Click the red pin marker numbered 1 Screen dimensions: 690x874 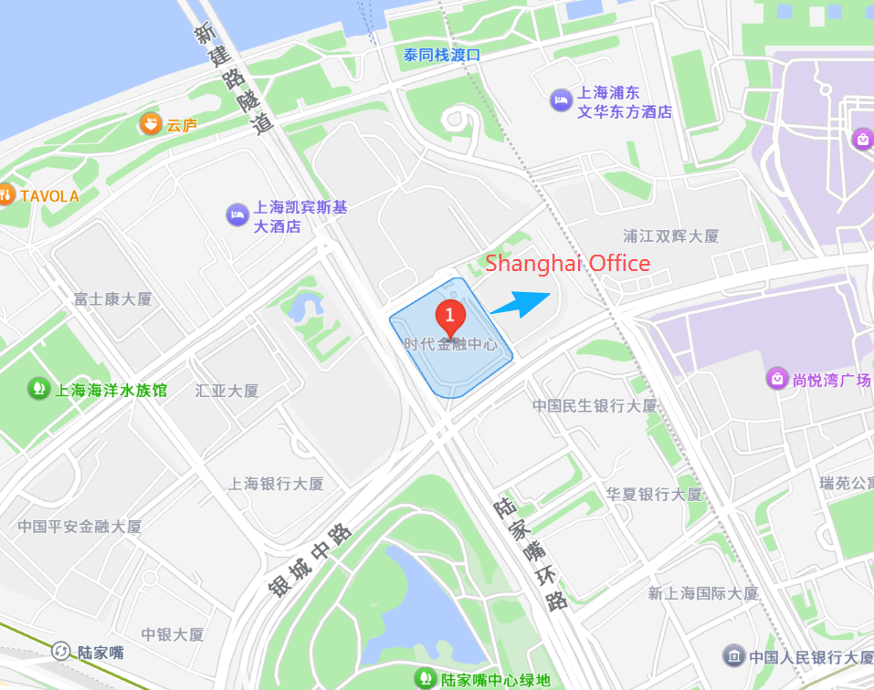pos(449,317)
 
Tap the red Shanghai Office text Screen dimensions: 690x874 pos(567,264)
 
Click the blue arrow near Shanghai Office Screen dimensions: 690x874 pos(521,303)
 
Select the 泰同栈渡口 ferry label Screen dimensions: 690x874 pos(442,55)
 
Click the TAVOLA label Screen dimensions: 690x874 pos(49,195)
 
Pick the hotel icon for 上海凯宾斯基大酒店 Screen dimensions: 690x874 pos(237,214)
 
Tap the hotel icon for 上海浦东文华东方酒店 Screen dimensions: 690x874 pos(561,99)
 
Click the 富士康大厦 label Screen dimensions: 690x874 pos(112,298)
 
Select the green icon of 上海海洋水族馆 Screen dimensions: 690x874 pos(38,389)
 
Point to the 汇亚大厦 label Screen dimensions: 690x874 pos(227,391)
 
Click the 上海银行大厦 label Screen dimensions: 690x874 pos(276,483)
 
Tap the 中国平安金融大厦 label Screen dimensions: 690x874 pos(80,527)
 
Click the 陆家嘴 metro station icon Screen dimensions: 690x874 pos(61,652)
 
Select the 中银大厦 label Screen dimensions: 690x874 pos(173,634)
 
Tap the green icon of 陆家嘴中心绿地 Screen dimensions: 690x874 pos(426,678)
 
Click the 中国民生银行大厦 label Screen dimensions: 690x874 pos(595,405)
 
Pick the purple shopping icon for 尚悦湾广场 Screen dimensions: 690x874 pos(777,378)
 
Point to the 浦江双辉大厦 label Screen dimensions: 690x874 pos(671,235)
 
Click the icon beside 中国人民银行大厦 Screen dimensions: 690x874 pos(734,655)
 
